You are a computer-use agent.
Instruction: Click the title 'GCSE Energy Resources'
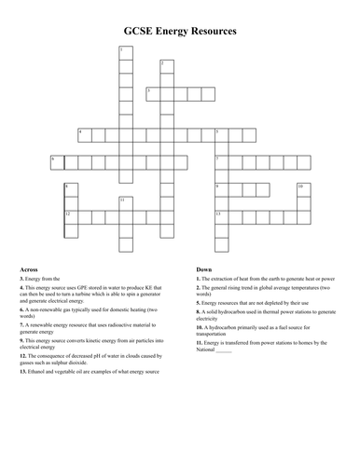tap(180, 31)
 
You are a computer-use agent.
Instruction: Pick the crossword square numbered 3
tap(152, 91)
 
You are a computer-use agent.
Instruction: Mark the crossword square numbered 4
tap(85, 133)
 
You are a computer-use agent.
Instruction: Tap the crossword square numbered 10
tap(302, 188)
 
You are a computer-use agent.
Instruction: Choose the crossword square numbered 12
tap(71, 215)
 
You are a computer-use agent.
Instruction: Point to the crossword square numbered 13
tap(221, 215)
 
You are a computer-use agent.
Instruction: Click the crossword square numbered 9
tap(221, 188)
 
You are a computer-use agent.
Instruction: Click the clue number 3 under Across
tap(21, 278)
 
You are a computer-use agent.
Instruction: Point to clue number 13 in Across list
tap(22, 371)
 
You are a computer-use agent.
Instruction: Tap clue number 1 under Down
tap(199, 278)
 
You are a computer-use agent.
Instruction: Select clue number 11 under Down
tap(201, 343)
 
